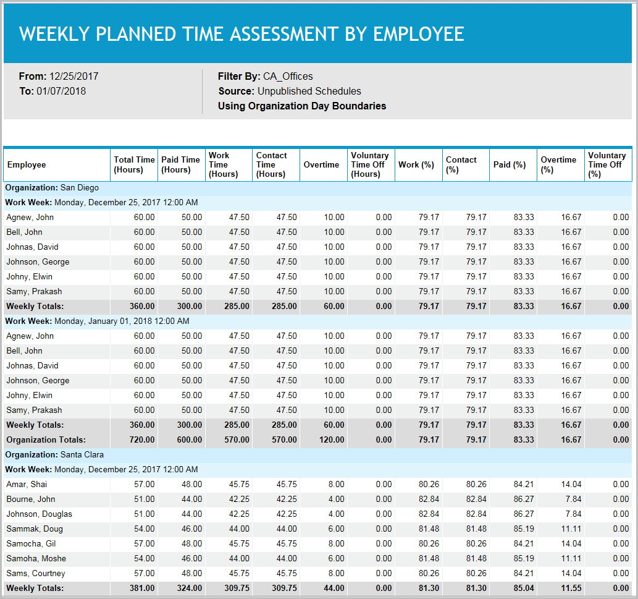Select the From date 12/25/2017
[73, 77]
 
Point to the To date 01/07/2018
[61, 91]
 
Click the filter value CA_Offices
[288, 77]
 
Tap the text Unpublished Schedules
[309, 91]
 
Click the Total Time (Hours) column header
[134, 165]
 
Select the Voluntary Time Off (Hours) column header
[369, 165]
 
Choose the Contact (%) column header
[461, 165]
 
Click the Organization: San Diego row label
[52, 188]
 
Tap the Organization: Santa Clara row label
[56, 455]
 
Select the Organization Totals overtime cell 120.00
[332, 440]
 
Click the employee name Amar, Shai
[26, 485]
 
